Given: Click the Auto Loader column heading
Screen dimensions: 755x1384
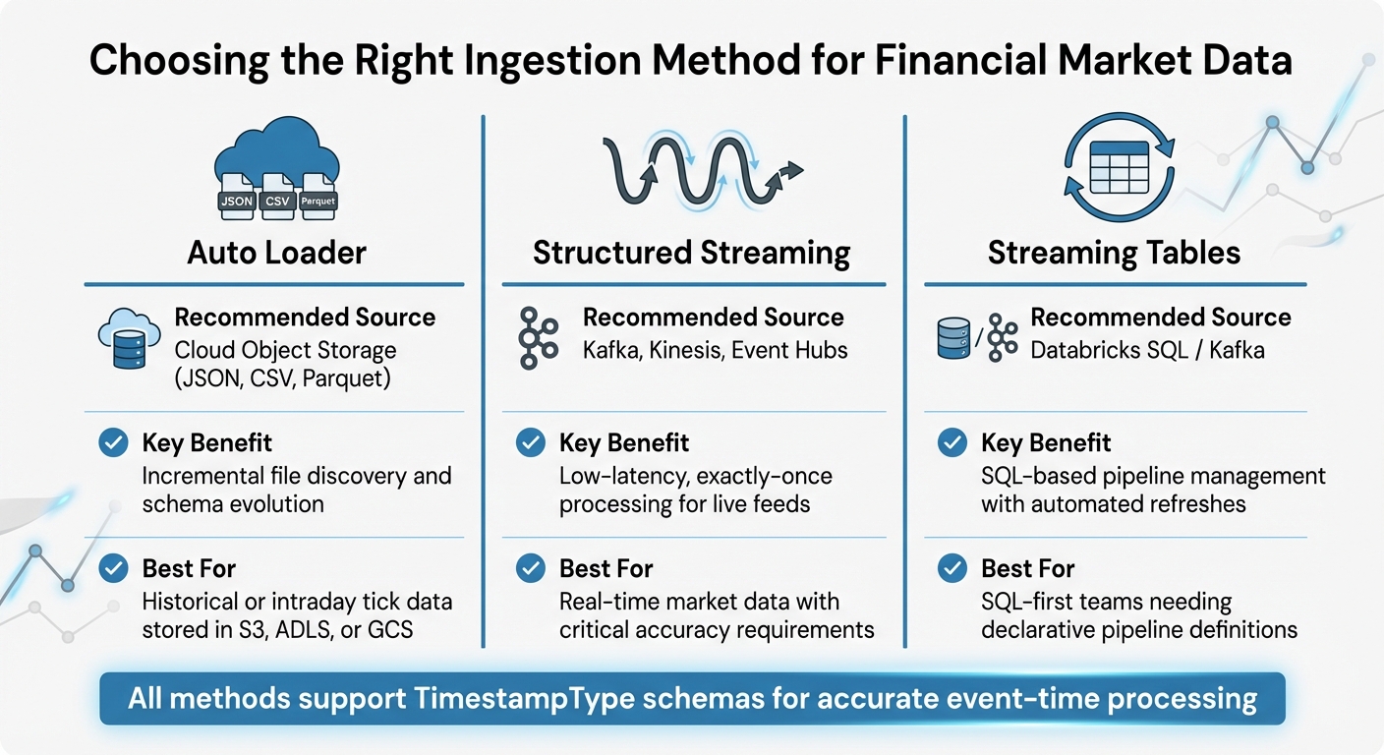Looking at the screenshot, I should point(276,253).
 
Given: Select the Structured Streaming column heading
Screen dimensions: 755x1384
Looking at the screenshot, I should point(691,253).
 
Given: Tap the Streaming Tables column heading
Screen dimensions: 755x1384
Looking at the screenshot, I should point(1114,253).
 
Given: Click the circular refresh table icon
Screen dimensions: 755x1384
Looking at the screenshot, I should point(1119,169).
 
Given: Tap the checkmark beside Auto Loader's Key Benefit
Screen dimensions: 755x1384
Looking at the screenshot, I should point(114,443).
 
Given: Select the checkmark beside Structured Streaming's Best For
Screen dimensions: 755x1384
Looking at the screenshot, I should point(531,568).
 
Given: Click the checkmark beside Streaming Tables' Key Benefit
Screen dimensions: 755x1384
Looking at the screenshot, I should point(951,443).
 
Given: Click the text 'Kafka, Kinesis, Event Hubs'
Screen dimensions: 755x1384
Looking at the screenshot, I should point(715,350).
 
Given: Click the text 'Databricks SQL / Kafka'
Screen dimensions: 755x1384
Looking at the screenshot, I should point(1147,350).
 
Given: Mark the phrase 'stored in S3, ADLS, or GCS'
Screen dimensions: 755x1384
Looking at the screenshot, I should point(278,629).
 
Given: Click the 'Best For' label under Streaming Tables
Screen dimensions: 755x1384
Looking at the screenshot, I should point(1027,568).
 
